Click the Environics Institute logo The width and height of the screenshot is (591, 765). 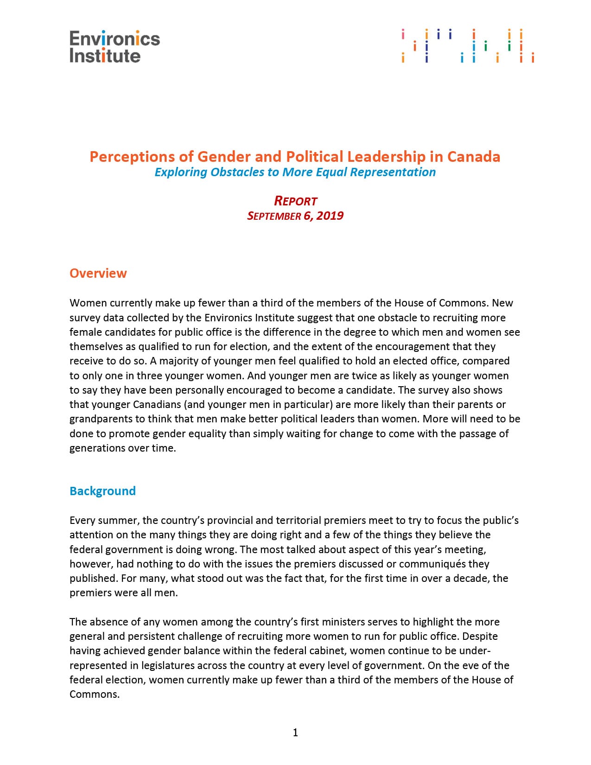pos(114,46)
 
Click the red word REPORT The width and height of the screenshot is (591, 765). pos(296,201)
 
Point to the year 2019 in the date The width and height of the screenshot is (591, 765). pos(330,216)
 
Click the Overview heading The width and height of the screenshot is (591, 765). pos(98,273)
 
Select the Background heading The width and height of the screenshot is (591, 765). pos(102,491)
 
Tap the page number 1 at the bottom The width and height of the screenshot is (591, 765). pos(295,733)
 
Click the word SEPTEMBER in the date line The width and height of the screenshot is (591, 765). pos(274,216)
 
